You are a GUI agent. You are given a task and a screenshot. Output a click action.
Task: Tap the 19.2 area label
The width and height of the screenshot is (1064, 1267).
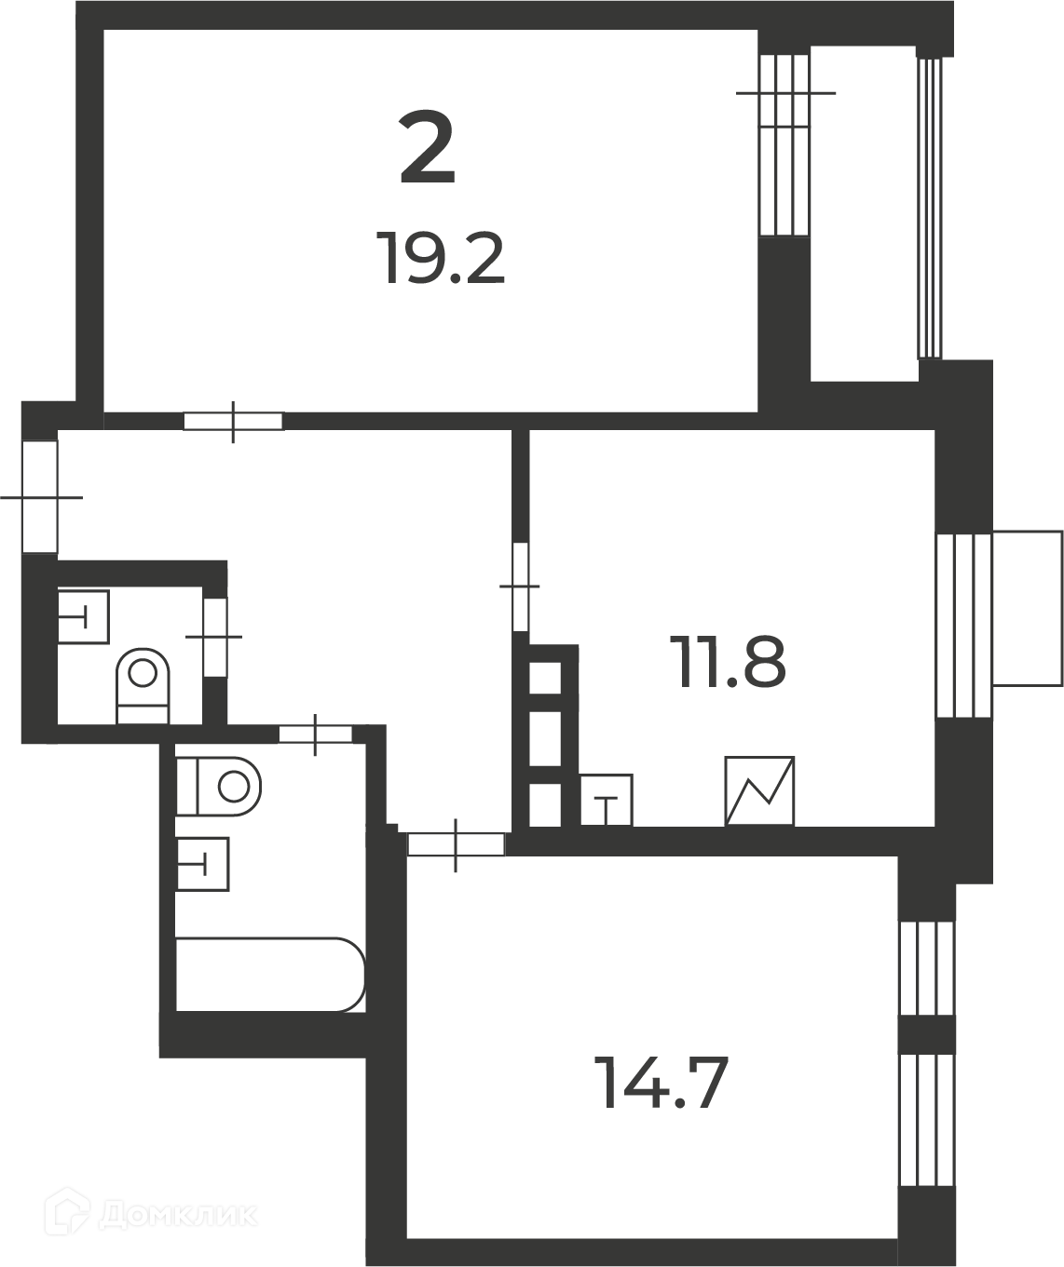coord(441,259)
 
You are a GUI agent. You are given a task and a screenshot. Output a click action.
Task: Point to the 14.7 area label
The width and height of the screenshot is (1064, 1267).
coord(664,1083)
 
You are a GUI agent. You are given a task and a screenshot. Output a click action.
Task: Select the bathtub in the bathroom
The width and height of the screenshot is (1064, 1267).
coord(270,975)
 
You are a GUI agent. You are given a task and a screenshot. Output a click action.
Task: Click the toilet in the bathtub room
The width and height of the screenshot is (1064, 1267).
coord(218,787)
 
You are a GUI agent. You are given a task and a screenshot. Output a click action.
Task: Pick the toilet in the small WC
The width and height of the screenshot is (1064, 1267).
coord(143,686)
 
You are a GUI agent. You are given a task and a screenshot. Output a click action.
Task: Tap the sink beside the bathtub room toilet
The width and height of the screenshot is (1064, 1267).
coord(202,864)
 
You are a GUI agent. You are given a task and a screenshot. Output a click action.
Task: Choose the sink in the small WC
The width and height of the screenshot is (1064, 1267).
coord(83,617)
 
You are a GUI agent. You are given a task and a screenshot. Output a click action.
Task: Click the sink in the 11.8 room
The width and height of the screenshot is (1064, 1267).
coord(607,800)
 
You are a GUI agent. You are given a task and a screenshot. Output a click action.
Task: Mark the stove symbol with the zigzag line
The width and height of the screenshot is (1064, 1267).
coord(759,790)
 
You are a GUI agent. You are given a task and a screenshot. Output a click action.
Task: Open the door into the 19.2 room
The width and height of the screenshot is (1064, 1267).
coord(234,421)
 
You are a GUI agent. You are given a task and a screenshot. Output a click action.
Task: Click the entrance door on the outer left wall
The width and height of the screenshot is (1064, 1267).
coord(40,497)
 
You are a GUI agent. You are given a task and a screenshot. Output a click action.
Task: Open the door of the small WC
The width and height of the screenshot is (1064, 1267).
coord(214,637)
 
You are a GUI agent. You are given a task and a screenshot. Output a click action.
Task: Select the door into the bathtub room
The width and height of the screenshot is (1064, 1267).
coord(315,735)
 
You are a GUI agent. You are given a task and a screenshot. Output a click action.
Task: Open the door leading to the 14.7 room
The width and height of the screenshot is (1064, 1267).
coord(456,844)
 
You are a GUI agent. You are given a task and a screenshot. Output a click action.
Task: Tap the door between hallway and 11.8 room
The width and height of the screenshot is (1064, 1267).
coord(521,586)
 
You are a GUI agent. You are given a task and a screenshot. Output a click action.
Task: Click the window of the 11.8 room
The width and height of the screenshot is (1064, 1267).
coord(964,625)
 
